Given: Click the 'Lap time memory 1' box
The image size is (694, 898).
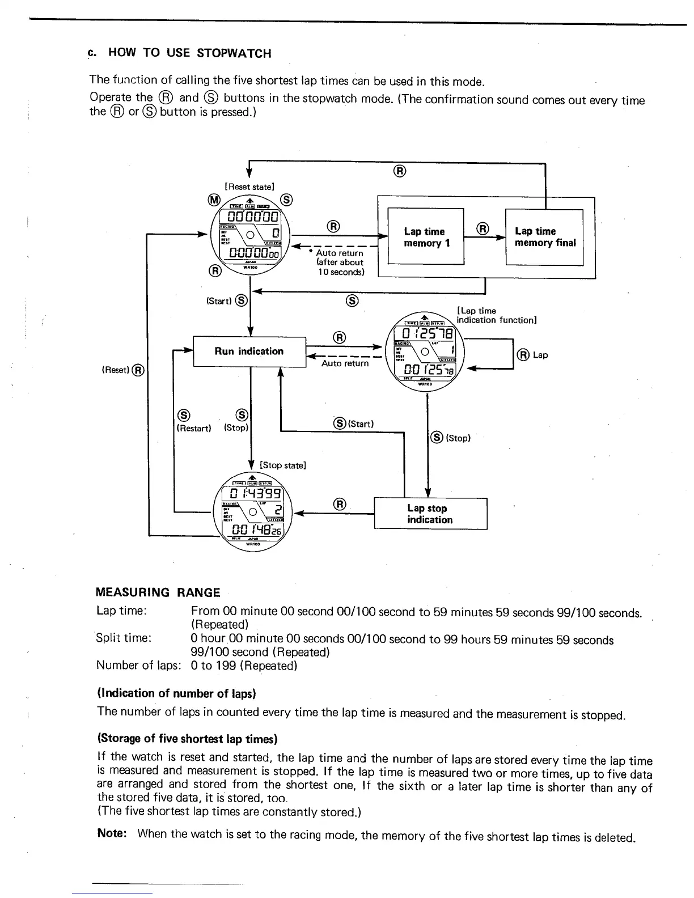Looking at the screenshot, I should pos(425,237).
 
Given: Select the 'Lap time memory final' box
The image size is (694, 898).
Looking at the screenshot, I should pos(544,237).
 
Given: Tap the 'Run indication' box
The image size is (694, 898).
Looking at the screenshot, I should pos(249,351).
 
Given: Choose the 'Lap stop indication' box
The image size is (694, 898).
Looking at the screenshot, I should pos(430,514).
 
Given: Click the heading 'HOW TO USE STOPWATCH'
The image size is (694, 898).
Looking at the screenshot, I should pos(189,53).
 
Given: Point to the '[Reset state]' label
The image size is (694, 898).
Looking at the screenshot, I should pos(249,187).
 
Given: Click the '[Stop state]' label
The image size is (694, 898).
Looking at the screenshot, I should pos(282,465).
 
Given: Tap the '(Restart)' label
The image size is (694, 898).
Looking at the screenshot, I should pos(194,429).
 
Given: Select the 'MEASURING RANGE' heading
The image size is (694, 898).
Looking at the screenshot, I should pos(158,592).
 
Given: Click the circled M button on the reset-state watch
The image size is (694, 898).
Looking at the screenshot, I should pos(214,200).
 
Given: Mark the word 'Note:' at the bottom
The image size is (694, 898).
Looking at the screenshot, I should pos(111,833).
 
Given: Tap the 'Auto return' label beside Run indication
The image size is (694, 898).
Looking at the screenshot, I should pos(345,363).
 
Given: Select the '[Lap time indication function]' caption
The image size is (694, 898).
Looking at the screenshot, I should pos(496,315).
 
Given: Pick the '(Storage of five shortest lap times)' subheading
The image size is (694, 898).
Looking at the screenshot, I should pos(187,739).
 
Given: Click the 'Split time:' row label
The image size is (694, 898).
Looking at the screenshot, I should pos(124,638).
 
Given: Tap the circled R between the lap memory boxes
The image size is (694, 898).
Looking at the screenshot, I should pos(483,228).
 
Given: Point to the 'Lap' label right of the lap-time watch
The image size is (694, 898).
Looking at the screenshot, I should pos(540,355).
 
